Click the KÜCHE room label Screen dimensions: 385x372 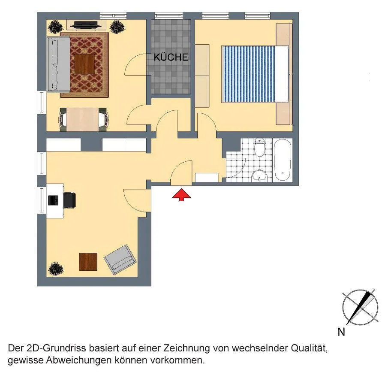(x=171, y=57)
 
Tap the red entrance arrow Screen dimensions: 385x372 (x=181, y=195)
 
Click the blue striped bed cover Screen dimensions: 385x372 (x=248, y=74)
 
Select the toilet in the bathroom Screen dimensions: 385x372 (x=259, y=147)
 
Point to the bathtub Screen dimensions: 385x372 (x=283, y=160)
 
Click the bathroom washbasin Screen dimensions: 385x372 (x=259, y=175)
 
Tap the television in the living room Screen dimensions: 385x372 (x=85, y=25)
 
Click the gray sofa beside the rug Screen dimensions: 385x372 (x=58, y=64)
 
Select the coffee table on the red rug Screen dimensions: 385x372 (x=84, y=64)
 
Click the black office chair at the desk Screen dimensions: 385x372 (x=69, y=200)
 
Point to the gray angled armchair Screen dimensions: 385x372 (x=120, y=259)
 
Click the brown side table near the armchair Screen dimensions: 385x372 (x=88, y=261)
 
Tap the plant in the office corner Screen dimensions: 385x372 (x=56, y=269)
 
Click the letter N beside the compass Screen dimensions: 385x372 (x=341, y=332)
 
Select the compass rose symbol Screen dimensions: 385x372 (x=360, y=307)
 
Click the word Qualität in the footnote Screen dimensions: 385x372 (x=309, y=348)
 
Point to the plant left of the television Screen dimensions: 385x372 (x=56, y=27)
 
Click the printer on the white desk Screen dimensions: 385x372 (x=53, y=200)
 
